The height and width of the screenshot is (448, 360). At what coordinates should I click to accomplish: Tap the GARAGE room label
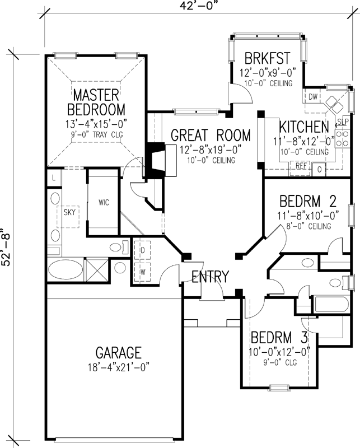(118, 353)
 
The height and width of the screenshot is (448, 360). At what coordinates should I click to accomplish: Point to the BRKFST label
(267, 58)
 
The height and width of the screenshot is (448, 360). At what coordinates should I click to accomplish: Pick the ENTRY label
(210, 276)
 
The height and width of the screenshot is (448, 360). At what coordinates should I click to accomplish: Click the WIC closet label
(103, 202)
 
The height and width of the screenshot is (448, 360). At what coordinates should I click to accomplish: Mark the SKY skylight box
(70, 212)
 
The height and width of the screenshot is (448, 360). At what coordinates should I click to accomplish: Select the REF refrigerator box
(301, 166)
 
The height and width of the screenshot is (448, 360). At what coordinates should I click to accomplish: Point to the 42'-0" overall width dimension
(185, 7)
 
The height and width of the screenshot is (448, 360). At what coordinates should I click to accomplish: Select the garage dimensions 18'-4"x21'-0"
(118, 368)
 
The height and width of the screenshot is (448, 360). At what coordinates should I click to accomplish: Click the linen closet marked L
(53, 178)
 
